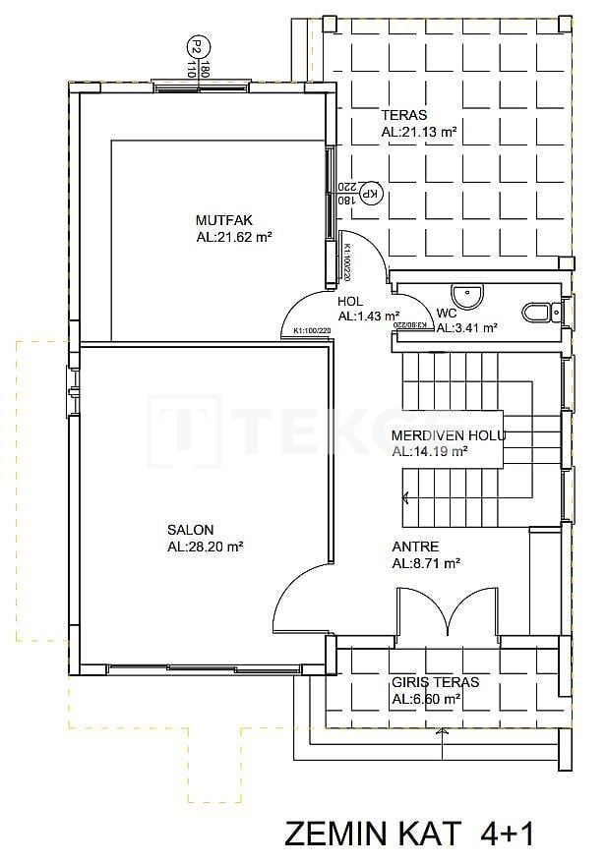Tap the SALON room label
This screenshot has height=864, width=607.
pos(190,530)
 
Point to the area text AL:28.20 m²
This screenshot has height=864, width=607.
pos(206,547)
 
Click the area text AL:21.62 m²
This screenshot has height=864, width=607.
pos(233,237)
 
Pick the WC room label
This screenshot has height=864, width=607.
pos(447,315)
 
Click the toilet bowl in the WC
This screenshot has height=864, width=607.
pos(537,313)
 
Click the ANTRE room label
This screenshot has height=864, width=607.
pos(415,547)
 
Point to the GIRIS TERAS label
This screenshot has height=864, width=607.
pos(435,682)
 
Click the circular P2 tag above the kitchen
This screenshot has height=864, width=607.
pos(197,46)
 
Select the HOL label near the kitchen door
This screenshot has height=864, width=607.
pos(350,302)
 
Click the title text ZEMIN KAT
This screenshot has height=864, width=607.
pos(372,834)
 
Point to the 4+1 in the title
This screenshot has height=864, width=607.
pos(507,834)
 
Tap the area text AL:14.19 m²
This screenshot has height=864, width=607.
pos(429,452)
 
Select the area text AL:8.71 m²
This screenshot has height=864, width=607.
pos(426,563)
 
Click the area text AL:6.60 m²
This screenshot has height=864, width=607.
pos(426,699)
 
